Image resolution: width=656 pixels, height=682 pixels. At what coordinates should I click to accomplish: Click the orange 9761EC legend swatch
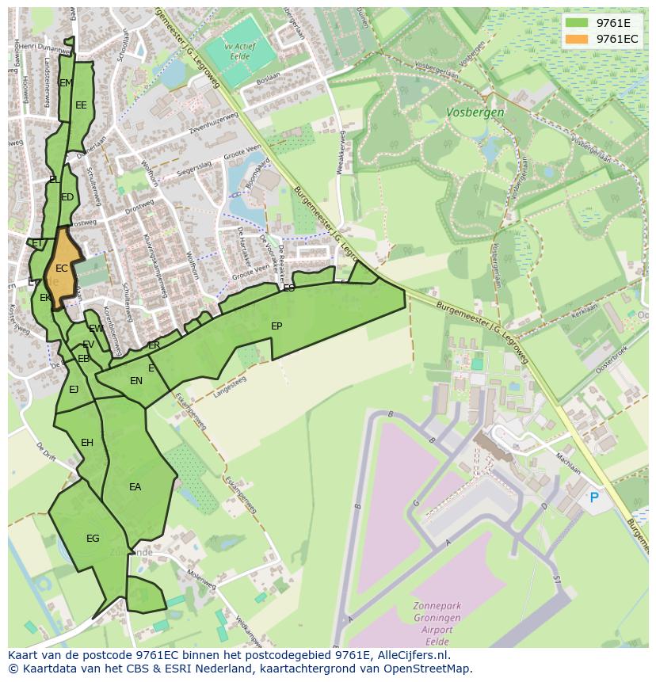click(578, 39)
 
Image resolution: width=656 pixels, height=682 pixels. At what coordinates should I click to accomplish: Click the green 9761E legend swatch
click(578, 23)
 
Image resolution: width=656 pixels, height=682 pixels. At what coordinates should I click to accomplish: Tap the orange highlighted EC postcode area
click(62, 265)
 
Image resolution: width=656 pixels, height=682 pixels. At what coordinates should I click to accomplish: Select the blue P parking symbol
click(593, 497)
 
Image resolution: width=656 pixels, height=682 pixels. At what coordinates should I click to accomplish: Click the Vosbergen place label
click(475, 112)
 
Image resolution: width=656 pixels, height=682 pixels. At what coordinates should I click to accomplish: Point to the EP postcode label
click(277, 326)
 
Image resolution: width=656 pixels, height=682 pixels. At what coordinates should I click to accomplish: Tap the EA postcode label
click(135, 487)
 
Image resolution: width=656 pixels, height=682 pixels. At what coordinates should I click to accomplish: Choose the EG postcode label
click(93, 539)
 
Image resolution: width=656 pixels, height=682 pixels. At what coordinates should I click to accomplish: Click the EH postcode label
click(87, 442)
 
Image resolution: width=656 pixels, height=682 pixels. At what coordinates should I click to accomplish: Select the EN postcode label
click(136, 381)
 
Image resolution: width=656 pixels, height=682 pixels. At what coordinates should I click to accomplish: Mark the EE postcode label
click(81, 105)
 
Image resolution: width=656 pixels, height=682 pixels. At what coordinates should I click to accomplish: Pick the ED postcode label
click(67, 197)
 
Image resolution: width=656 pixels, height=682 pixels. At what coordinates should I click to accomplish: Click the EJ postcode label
click(74, 389)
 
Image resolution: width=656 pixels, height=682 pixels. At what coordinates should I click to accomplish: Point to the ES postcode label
click(289, 288)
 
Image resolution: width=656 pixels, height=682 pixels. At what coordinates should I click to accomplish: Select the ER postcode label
click(154, 345)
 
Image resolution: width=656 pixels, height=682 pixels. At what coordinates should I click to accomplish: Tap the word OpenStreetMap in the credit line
click(432, 669)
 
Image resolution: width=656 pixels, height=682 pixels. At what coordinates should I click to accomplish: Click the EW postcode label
click(96, 328)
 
